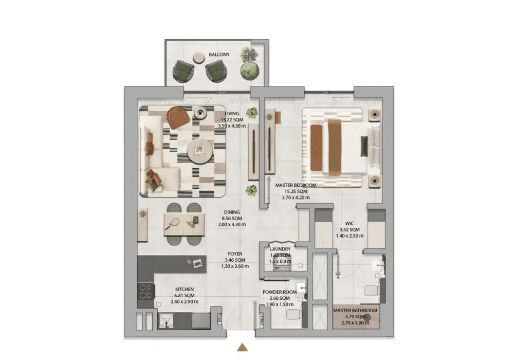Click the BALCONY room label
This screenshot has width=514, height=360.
point(219,55)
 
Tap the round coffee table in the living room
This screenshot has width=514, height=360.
point(199,151)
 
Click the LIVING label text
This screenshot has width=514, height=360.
point(232,114)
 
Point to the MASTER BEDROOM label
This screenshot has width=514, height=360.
point(296,185)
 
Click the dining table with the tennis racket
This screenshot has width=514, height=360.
point(184,224)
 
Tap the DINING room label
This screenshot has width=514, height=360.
point(232,212)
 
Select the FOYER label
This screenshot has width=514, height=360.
point(235,254)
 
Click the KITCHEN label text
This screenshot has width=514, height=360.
point(185,289)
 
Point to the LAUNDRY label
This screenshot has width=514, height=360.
point(280,249)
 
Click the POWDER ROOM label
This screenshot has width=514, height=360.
point(280,292)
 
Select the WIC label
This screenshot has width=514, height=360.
point(350,223)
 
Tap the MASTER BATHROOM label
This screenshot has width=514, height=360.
point(355,310)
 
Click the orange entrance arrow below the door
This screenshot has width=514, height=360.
point(242,347)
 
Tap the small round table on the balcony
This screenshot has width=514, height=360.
point(198,58)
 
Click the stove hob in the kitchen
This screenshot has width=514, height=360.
point(145,291)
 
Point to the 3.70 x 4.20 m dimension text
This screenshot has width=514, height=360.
point(296,197)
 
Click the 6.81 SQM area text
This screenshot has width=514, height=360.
point(185,295)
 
